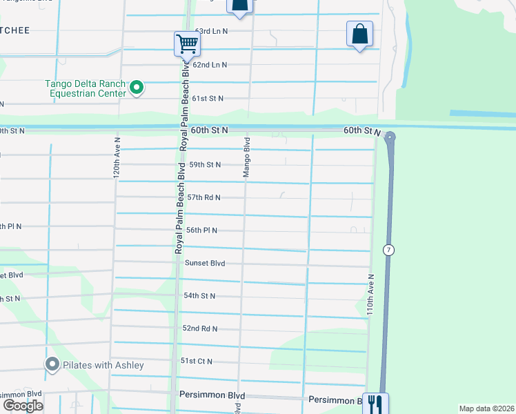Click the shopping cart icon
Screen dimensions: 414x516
click(x=187, y=43)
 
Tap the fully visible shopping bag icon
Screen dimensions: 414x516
click(x=359, y=34)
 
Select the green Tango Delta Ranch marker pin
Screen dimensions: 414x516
click(x=136, y=88)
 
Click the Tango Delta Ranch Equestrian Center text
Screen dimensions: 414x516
click(x=86, y=88)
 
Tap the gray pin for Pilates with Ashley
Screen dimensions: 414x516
click(x=52, y=364)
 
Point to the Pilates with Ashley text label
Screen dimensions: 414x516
click(x=103, y=365)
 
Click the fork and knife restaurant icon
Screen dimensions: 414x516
click(x=375, y=403)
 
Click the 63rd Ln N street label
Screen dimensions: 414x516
click(x=210, y=32)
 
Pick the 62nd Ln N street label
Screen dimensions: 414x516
click(x=210, y=65)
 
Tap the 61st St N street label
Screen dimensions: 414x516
click(x=207, y=99)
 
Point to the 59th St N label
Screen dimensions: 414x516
click(x=205, y=165)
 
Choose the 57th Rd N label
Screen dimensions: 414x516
click(x=204, y=197)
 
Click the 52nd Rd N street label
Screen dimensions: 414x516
click(x=199, y=328)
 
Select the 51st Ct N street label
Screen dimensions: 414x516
click(x=197, y=362)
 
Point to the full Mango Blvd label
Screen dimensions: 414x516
click(x=246, y=157)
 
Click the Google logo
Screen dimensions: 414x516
click(x=23, y=406)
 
